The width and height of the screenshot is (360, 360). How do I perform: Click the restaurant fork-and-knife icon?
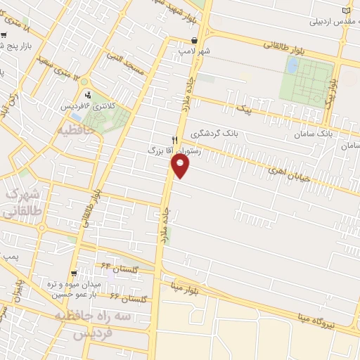click(175, 140)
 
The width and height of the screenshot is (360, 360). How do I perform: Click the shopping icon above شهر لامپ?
click(195, 40)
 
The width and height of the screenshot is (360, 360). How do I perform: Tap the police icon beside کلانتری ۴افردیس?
click(88, 96)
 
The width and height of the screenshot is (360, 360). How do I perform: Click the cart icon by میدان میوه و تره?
click(73, 274)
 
